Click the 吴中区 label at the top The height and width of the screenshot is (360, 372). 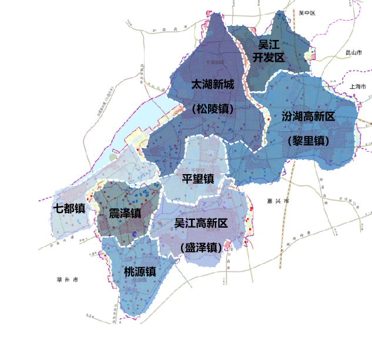pos(307,12)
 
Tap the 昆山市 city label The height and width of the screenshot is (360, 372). pos(354,53)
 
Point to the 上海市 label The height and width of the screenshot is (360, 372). pos(357,86)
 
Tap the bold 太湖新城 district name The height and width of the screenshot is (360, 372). pos(213,85)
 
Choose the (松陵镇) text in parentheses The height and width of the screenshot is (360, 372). pos(213,109)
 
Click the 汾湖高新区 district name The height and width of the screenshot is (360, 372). pos(308,116)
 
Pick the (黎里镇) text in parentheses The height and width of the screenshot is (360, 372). pos(309,141)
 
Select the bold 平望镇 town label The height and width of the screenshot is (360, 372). pos(197,179)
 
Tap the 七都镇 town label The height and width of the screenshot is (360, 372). pos(69,208)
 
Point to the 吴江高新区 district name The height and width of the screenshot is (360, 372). pos(201,223)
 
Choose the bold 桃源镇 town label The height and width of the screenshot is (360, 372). pos(139,272)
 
